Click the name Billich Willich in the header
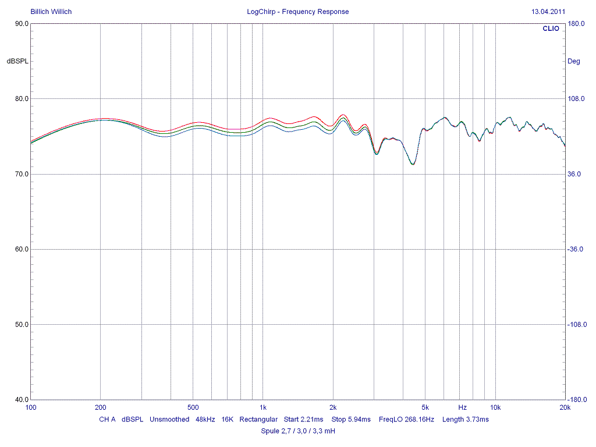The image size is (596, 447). coord(51,12)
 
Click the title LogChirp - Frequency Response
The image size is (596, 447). coord(298,12)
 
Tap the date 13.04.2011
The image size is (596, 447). coord(548,12)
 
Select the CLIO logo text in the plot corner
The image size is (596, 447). coord(551,29)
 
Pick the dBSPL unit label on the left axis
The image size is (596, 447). coord(17,61)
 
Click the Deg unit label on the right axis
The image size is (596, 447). coord(573,61)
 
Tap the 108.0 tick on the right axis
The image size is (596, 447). coord(576,99)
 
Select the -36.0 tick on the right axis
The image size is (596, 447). coord(576,249)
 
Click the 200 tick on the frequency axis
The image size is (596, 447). coord(101,407)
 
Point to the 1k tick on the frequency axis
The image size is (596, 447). coord(263,407)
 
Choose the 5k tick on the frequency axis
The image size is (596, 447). coord(425,407)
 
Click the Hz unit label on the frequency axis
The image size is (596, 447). coord(463,407)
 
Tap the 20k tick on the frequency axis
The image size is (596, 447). coord(565,407)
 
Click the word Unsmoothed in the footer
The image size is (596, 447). coord(169,419)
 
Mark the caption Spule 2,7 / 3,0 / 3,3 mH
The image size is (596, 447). coord(298,431)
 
